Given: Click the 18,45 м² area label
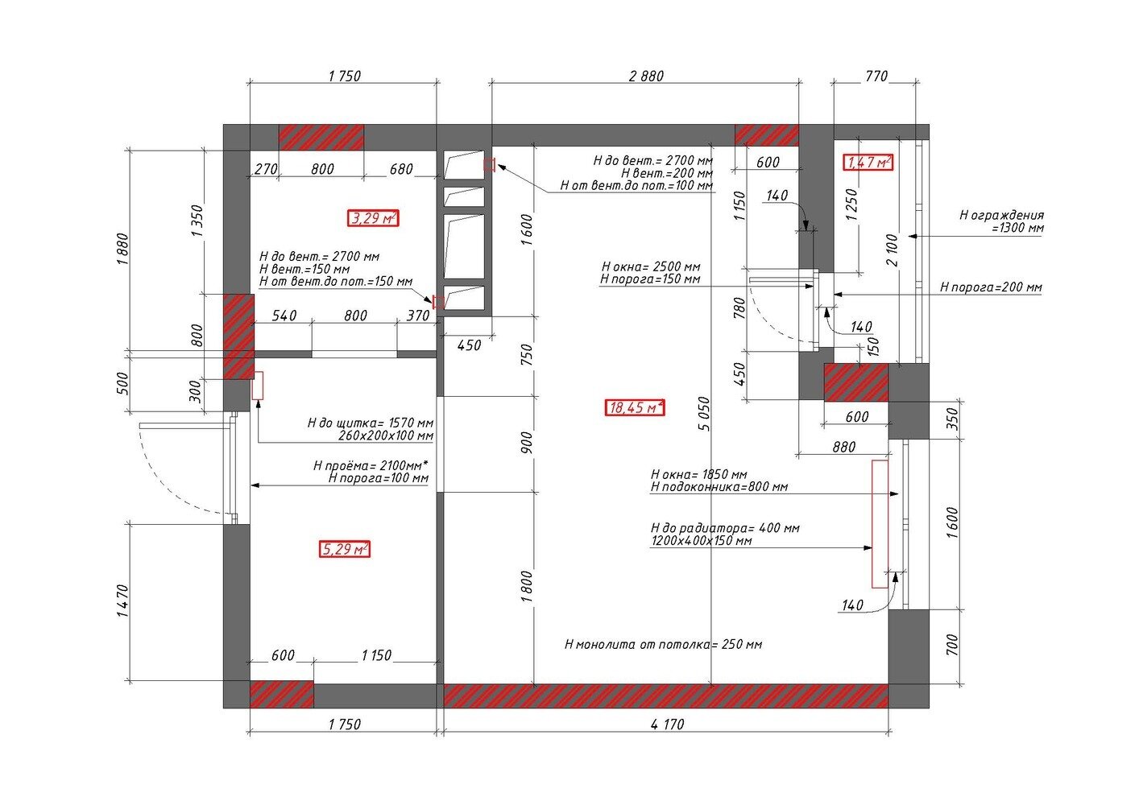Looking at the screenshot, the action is click(x=635, y=407).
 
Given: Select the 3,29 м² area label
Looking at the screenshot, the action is click(x=373, y=218).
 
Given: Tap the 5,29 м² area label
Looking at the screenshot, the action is click(x=344, y=549).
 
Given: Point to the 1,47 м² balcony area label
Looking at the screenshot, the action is click(x=868, y=162).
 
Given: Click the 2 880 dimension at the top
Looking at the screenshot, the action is click(x=646, y=76).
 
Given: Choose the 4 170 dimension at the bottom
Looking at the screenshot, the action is click(x=667, y=724).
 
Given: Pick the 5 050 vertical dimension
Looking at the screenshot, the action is click(x=704, y=413).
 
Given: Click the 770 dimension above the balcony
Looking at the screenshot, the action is click(x=876, y=76).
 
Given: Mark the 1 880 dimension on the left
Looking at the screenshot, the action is click(x=122, y=249).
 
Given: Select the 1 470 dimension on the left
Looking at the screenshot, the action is click(x=122, y=601).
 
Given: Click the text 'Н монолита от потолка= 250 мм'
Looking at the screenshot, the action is click(x=663, y=645).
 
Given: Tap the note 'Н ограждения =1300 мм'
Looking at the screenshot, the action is click(x=1001, y=221).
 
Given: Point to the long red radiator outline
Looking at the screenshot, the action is click(x=880, y=524).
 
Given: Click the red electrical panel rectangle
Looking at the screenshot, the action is click(x=257, y=386).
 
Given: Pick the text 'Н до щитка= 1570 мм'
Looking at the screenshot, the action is click(x=371, y=423).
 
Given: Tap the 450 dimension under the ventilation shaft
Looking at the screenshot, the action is click(x=469, y=345).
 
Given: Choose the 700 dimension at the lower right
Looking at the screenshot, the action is click(x=952, y=645).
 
